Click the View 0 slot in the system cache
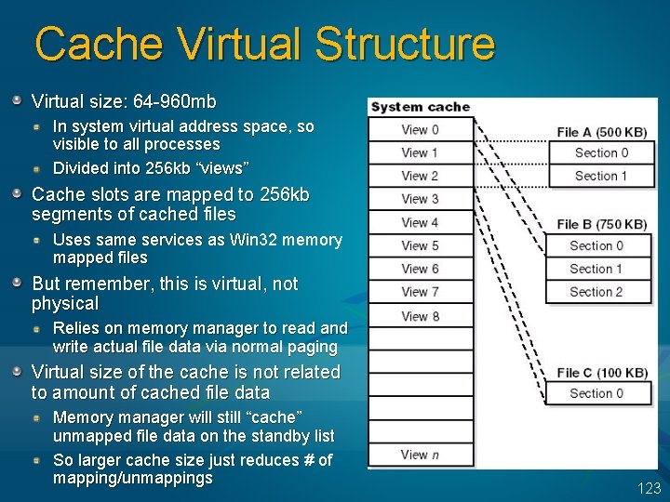[x=420, y=130]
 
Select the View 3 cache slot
[x=420, y=199]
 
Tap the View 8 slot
[x=420, y=316]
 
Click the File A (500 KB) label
[x=602, y=132]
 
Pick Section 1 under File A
[x=601, y=176]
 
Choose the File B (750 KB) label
[x=602, y=224]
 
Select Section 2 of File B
[x=596, y=292]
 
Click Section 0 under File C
[x=596, y=393]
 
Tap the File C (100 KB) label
[x=602, y=373]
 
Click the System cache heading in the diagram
[x=421, y=107]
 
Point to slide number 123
[x=649, y=488]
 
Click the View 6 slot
[x=420, y=269]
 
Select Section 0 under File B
[x=596, y=245]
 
